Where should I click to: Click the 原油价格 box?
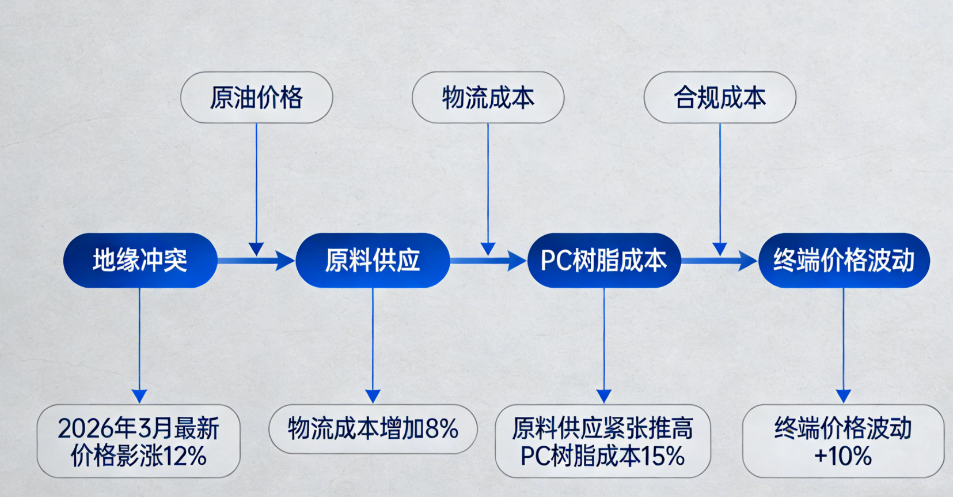256,97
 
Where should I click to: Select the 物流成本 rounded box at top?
488,97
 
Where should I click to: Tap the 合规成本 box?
720,97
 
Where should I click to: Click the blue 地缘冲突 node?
140,261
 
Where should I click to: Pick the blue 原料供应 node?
373,261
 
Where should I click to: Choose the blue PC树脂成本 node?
603,261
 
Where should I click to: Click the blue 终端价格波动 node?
844,261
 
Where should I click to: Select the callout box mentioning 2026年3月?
138,441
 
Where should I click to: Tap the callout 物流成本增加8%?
373,429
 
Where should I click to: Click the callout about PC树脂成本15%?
603,441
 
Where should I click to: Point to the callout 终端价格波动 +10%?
843,441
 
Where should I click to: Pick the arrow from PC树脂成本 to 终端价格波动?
719,261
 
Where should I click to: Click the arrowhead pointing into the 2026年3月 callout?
139,396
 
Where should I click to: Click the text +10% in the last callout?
843,457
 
